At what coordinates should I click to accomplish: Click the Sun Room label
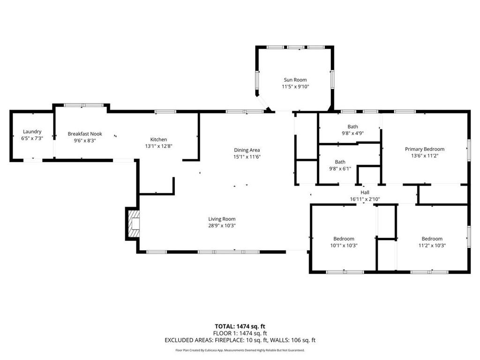[x=295, y=80]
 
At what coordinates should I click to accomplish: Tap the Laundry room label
[x=32, y=132]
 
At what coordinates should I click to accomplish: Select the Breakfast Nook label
[x=85, y=134]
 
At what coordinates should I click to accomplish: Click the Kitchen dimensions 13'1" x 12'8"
[x=158, y=146]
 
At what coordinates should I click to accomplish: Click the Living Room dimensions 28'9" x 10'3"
[x=222, y=225]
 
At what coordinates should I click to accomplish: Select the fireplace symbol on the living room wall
[x=133, y=225]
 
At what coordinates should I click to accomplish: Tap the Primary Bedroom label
[x=424, y=149]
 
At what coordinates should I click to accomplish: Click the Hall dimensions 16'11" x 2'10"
[x=365, y=199]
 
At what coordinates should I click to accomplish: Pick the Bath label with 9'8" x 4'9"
[x=352, y=127]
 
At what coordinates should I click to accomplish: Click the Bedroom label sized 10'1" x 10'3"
[x=344, y=239]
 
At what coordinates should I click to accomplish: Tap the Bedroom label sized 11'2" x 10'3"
[x=432, y=239]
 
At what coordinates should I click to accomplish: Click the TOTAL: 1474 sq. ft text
[x=240, y=326]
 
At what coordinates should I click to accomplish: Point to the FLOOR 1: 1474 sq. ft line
[x=240, y=333]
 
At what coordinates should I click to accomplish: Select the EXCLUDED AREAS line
[x=240, y=340]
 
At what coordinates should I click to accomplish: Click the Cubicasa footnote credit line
[x=240, y=350]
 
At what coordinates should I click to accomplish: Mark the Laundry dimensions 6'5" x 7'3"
[x=32, y=138]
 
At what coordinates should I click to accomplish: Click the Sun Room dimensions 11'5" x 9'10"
[x=295, y=86]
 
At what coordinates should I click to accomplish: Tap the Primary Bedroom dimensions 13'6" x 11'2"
[x=424, y=156]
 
